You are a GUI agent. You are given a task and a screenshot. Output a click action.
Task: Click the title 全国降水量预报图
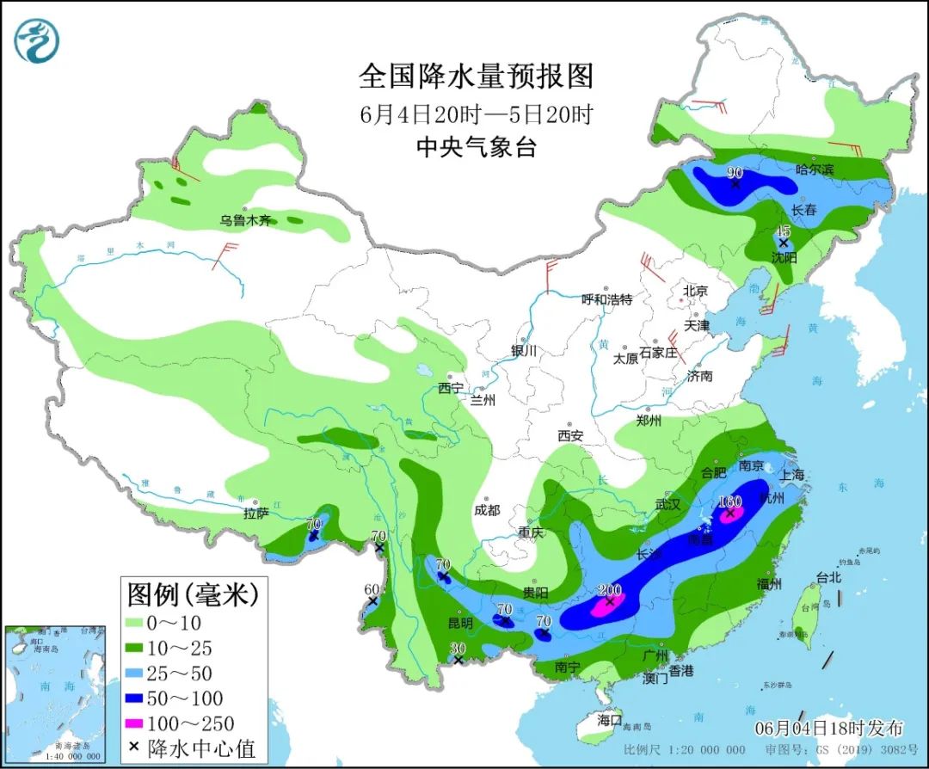pyautogui.click(x=476, y=77)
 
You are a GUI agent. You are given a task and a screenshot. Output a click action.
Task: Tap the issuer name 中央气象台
pyautogui.click(x=476, y=148)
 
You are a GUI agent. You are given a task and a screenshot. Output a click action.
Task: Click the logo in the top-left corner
pyautogui.click(x=37, y=41)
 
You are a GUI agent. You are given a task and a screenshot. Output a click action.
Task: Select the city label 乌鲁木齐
pyautogui.click(x=245, y=221)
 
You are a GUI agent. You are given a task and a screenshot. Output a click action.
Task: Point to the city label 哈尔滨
pyautogui.click(x=815, y=169)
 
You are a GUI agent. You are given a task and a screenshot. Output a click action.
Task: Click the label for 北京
pyautogui.click(x=694, y=292)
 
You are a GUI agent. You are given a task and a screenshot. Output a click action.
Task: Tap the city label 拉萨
pyautogui.click(x=256, y=514)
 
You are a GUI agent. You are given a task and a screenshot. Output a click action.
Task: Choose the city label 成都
pyautogui.click(x=486, y=510)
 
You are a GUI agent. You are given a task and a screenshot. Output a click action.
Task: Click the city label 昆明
pyautogui.click(x=460, y=623)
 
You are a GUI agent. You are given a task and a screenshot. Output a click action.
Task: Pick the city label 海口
pyautogui.click(x=609, y=718)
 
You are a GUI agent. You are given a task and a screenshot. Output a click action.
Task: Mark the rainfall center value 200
pyautogui.click(x=610, y=590)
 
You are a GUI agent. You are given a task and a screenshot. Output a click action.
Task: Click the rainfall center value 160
pyautogui.click(x=729, y=502)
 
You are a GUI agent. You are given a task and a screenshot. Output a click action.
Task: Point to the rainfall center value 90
pyautogui.click(x=735, y=172)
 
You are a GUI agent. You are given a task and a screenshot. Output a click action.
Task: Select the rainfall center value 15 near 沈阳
pyautogui.click(x=783, y=231)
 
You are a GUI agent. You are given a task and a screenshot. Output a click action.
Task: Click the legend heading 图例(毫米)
pyautogui.click(x=192, y=593)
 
